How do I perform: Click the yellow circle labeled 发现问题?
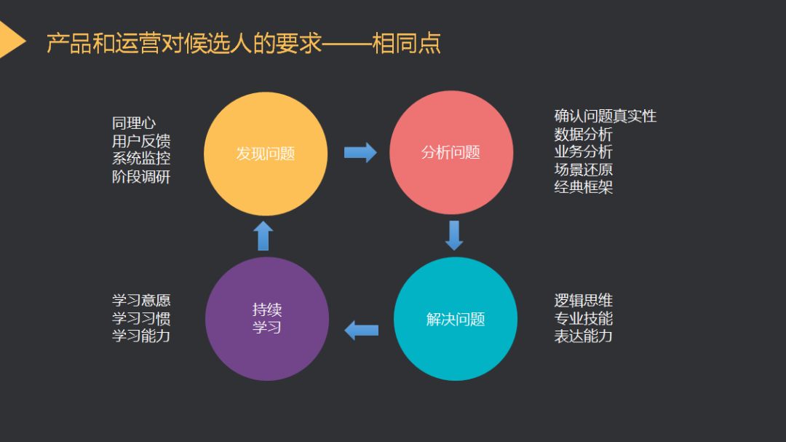tap(266, 154)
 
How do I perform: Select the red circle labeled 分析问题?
tap(451, 153)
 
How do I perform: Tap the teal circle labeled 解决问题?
tap(456, 319)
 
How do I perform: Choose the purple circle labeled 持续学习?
tap(267, 319)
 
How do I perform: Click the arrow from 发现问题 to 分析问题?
tap(360, 152)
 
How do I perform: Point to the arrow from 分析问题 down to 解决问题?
tap(454, 235)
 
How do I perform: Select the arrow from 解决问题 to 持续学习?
tap(361, 330)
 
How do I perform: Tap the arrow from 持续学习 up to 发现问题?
tap(263, 236)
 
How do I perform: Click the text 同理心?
tap(134, 124)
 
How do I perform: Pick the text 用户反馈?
tap(141, 141)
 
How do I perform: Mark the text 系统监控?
tap(141, 159)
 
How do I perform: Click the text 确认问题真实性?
tap(605, 117)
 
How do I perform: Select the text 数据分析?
tap(583, 134)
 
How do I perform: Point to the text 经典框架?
tap(583, 187)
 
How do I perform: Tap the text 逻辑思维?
tap(583, 301)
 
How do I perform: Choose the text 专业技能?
tap(583, 318)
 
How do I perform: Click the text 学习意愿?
tap(141, 301)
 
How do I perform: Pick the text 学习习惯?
tap(141, 318)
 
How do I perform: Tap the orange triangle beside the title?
tap(10, 40)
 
